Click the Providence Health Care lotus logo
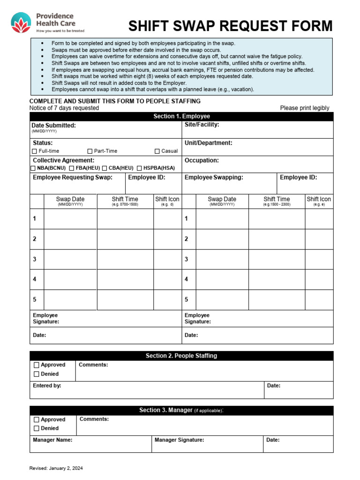[21, 23]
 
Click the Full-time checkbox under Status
[34, 151]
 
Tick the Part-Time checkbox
[90, 151]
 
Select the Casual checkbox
[157, 151]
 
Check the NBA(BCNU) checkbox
[33, 168]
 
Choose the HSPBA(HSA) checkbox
[139, 168]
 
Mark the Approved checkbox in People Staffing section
[36, 365]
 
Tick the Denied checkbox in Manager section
[36, 428]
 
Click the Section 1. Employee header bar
[181, 116]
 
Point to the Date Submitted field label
[53, 126]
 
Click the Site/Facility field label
[202, 125]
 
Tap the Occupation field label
[202, 160]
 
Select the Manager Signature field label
[179, 440]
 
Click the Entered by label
[47, 386]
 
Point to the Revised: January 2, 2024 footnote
[56, 468]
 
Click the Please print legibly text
[305, 108]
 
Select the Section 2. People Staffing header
[181, 356]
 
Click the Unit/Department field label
[208, 143]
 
